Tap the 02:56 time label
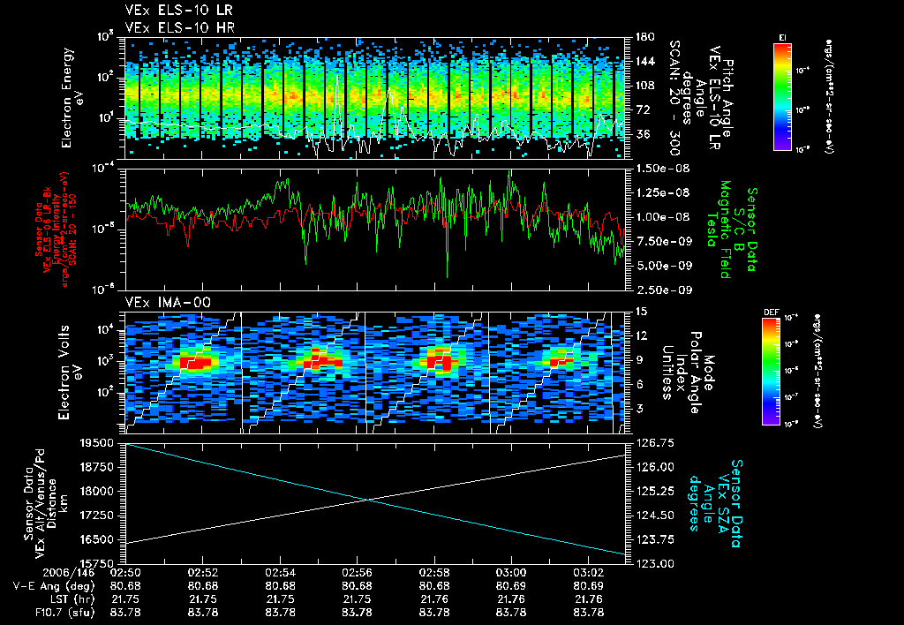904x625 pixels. (x=358, y=573)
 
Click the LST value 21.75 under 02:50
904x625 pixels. (x=126, y=599)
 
